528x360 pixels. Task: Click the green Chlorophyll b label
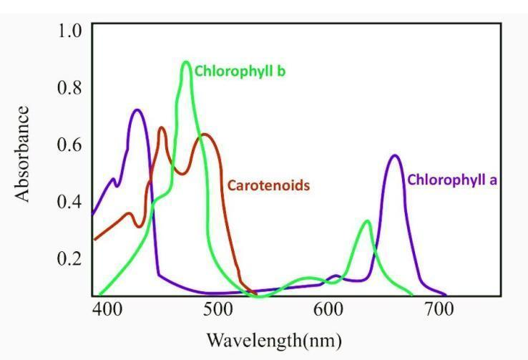coord(240,72)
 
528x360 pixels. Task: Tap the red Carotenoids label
coord(268,186)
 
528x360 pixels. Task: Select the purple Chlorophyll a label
coord(452,180)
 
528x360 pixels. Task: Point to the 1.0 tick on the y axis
coord(71,31)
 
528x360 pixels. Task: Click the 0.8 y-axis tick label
coord(71,88)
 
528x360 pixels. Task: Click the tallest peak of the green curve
coord(186,62)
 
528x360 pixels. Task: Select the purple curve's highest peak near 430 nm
coord(137,110)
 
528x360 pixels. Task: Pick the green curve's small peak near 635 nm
coord(367,221)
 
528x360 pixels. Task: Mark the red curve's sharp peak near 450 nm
coord(162,128)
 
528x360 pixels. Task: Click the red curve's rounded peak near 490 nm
coord(205,135)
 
